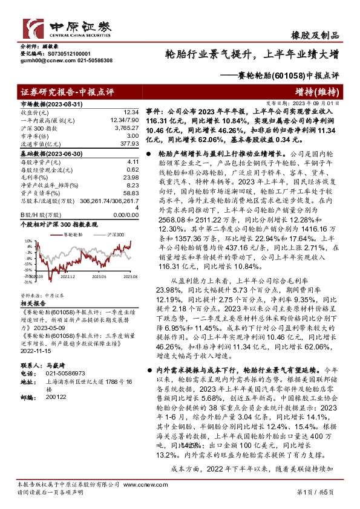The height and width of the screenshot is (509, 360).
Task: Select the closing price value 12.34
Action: click(x=131, y=113)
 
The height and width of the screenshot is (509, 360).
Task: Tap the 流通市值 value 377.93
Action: click(x=130, y=144)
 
